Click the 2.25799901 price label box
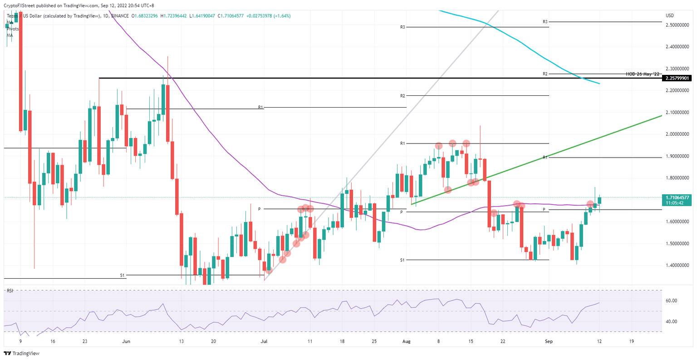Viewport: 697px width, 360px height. pyautogui.click(x=677, y=78)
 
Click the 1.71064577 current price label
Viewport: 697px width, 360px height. pyautogui.click(x=677, y=197)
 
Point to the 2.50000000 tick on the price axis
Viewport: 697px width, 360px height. pyautogui.click(x=677, y=25)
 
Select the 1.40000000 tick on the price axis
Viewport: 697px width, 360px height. pyautogui.click(x=677, y=265)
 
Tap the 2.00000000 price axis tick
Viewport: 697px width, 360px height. pyautogui.click(x=677, y=134)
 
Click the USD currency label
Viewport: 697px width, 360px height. pyautogui.click(x=670, y=15)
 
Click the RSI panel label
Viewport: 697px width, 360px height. pyautogui.click(x=10, y=291)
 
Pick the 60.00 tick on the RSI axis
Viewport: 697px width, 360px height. pyautogui.click(x=672, y=301)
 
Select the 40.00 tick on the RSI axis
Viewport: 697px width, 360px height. pyautogui.click(x=672, y=321)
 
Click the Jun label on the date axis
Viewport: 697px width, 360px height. pyautogui.click(x=127, y=341)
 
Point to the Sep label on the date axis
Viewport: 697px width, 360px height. pyautogui.click(x=549, y=341)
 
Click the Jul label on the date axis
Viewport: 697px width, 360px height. pyautogui.click(x=264, y=341)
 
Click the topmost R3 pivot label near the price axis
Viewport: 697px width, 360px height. pyautogui.click(x=545, y=22)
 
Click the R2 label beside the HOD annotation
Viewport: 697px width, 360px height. pyautogui.click(x=545, y=74)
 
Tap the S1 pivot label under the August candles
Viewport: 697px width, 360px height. pyautogui.click(x=402, y=260)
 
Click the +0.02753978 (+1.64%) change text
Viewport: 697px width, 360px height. pyautogui.click(x=268, y=15)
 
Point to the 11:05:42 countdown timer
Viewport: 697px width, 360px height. pyautogui.click(x=675, y=203)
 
